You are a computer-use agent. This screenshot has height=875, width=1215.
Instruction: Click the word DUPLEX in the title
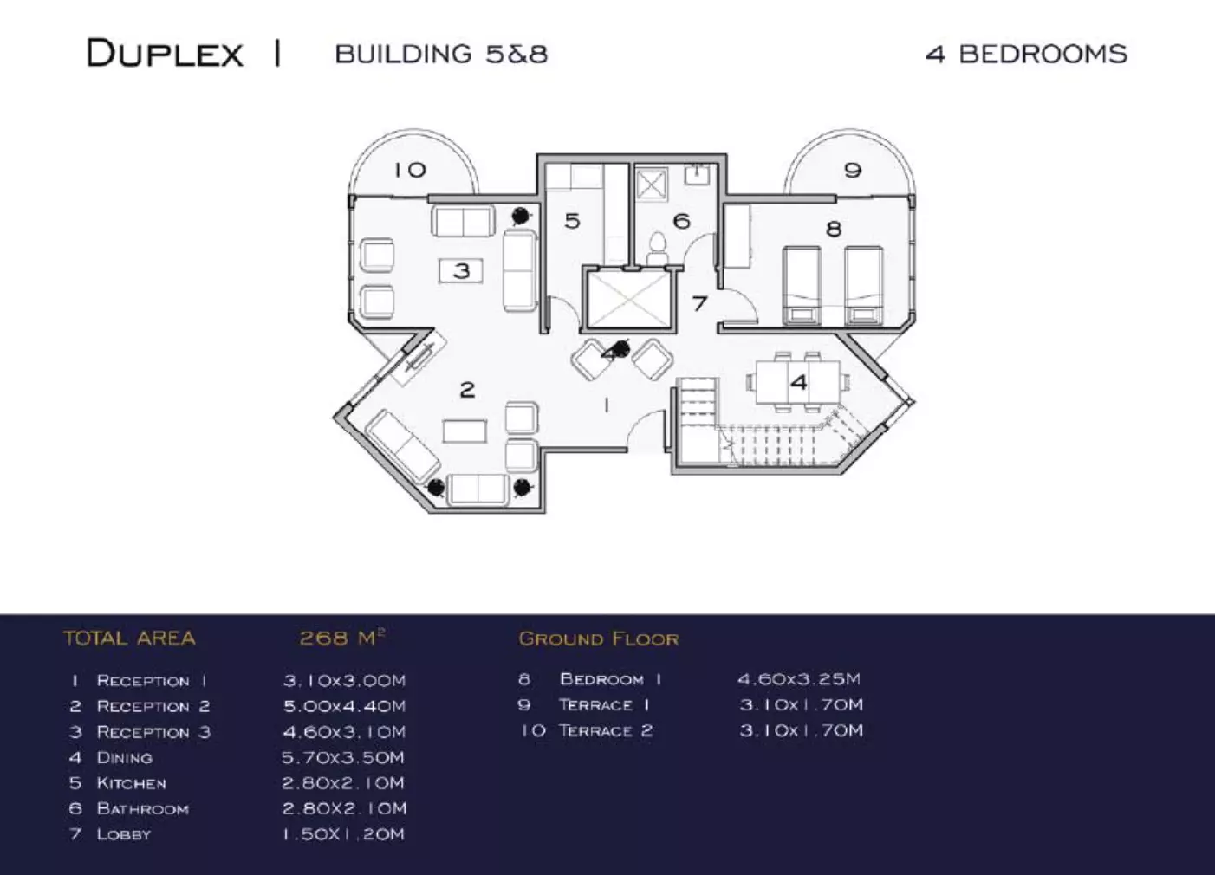click(165, 54)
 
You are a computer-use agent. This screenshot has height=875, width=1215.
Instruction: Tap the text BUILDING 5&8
click(441, 54)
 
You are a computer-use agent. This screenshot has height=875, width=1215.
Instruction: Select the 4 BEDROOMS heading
click(1026, 54)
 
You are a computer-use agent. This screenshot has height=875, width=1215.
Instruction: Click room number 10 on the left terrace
click(411, 170)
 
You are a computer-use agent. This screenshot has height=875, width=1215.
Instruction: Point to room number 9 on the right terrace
click(853, 170)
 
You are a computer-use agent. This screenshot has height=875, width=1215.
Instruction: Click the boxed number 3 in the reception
click(461, 271)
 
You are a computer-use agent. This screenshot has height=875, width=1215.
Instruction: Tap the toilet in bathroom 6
click(657, 248)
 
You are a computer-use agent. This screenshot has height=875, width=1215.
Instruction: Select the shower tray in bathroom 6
click(651, 184)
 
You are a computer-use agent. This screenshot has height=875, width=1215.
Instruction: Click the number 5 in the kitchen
click(572, 221)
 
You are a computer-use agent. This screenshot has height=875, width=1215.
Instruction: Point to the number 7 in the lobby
click(699, 303)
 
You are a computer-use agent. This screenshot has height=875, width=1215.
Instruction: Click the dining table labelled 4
click(798, 382)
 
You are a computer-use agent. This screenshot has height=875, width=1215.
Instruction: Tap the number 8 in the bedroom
click(834, 229)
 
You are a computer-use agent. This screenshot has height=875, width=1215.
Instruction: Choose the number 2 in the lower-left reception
click(467, 390)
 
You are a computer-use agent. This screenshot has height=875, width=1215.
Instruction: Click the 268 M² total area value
click(341, 638)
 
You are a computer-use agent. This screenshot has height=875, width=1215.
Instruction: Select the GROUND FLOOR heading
click(599, 639)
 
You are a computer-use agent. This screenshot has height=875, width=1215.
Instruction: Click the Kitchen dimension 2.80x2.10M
click(343, 783)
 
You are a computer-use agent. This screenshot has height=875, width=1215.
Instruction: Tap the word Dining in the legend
click(124, 758)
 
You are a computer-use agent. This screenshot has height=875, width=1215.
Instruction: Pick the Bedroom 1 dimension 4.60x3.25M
click(799, 679)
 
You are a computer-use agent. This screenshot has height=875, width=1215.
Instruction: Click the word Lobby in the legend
click(123, 835)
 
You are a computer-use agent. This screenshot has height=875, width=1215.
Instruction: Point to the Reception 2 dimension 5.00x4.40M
click(344, 706)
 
